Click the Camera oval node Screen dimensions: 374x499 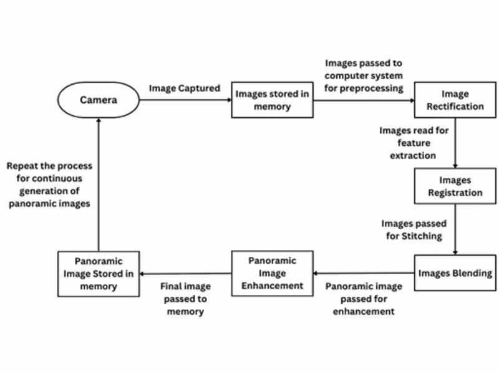(99, 100)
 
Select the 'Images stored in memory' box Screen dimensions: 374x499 (272, 100)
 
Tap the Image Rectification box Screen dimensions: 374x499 (455, 100)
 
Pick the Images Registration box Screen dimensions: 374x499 (455, 186)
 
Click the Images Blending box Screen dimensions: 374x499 (455, 273)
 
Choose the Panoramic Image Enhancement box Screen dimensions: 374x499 (272, 273)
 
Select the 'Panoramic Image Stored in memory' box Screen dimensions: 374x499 (98, 274)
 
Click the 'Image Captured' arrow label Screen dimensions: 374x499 (184, 88)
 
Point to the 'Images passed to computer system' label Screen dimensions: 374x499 (363, 75)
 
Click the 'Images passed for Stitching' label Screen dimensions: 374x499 (414, 229)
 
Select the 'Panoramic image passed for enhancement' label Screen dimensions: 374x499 (364, 299)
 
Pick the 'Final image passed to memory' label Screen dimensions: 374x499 (185, 299)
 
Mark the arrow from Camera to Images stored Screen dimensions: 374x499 (185, 100)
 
